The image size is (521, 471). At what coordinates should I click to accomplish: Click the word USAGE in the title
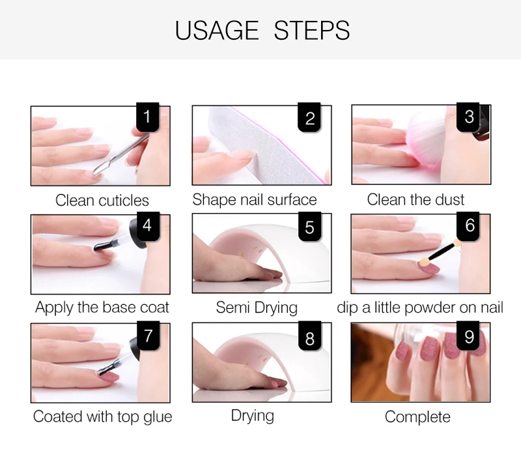[x=217, y=30]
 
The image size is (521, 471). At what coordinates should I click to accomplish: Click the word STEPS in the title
[x=312, y=30]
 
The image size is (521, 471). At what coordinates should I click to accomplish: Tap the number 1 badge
[x=148, y=117]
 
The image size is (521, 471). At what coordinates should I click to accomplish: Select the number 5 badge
[x=310, y=226]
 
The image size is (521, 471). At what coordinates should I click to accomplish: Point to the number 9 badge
[x=468, y=335]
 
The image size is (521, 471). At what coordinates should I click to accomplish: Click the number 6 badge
[x=468, y=225]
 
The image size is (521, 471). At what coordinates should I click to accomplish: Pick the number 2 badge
[x=309, y=117]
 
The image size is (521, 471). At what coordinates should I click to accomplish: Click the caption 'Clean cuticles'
[x=102, y=201]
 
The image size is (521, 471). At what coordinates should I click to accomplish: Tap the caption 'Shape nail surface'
[x=255, y=200]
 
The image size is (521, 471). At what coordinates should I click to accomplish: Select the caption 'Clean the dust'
[x=415, y=200]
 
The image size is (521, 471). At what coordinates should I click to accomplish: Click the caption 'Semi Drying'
[x=257, y=307]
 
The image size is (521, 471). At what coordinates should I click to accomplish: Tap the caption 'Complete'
[x=417, y=417]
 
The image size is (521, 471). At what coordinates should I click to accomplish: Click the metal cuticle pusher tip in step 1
[x=99, y=169]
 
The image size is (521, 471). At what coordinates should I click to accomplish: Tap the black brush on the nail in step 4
[x=102, y=246]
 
